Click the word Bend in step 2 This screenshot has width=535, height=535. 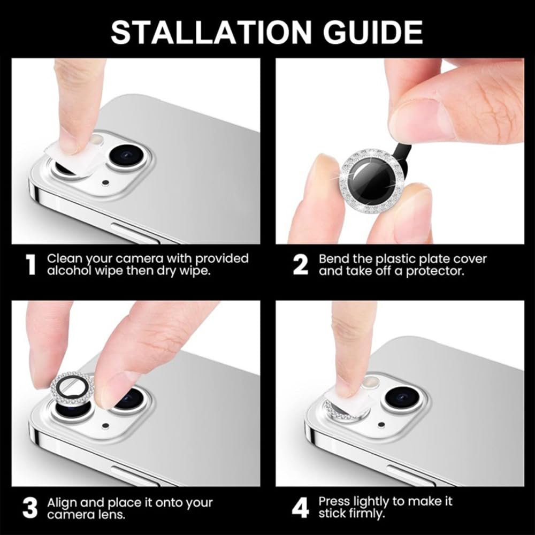pyautogui.click(x=333, y=259)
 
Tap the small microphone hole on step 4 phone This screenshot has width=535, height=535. pyautogui.click(x=380, y=425)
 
